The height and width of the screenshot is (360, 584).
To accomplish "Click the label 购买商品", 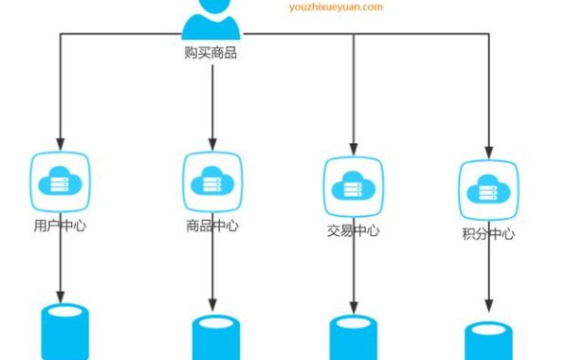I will [210, 53].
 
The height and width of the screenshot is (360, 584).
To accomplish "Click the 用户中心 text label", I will [61, 226].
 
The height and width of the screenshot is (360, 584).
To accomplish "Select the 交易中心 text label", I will [354, 231].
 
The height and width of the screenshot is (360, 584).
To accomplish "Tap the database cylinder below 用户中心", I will [66, 332].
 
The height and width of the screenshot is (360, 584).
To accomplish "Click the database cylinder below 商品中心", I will [216, 337].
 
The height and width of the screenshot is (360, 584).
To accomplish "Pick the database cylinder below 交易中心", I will [353, 338].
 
